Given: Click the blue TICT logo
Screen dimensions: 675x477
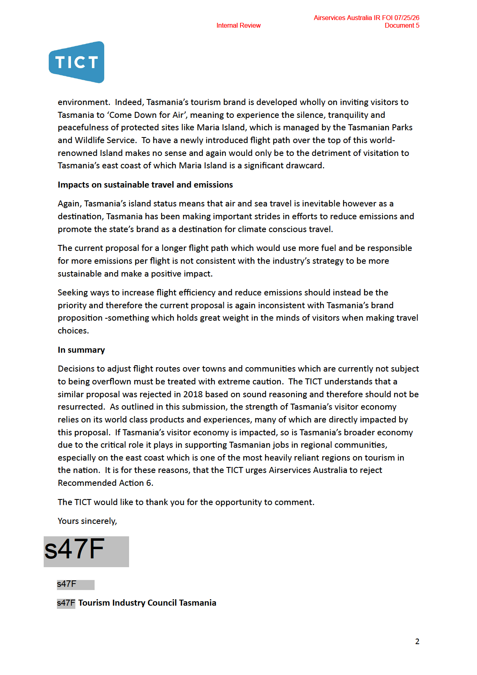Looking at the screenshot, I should pos(77,62).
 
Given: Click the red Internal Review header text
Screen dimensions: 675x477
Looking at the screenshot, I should pos(238,26).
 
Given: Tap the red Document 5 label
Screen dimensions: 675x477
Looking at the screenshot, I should pos(402,26).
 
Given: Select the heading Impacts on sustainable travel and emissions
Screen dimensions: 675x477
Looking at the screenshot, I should pos(145,185).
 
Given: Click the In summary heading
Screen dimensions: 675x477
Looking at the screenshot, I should pos(81,350).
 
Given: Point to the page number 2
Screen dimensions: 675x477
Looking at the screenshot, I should pos(417,641).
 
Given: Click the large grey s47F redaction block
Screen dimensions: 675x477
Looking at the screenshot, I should pos(86,551).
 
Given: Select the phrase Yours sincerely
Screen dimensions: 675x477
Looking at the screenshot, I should pos(87,521).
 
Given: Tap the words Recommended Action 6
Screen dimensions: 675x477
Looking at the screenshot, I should pos(105,483).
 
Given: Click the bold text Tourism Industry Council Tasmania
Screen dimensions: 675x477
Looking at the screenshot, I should pos(147,603).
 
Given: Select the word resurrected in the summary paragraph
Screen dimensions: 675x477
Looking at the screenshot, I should pos(81,407).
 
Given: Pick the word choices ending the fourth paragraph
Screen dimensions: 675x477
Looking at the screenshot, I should pos(73,331).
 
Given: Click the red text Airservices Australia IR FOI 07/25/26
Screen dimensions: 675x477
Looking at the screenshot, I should pos(366,18).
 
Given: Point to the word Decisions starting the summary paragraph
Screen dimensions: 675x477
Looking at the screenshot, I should pos(76,369).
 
